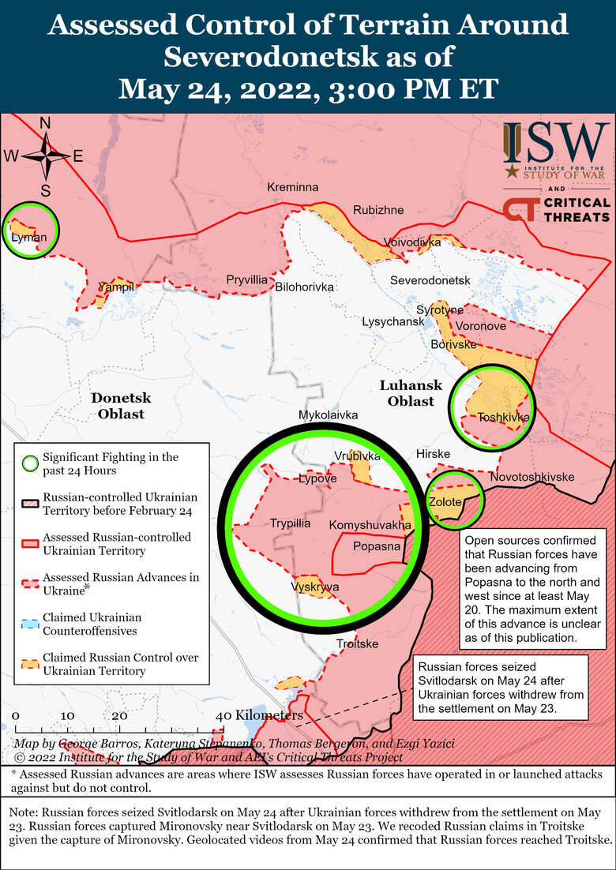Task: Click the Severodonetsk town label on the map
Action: coord(430,281)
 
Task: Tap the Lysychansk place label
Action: coord(393,322)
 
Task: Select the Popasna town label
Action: coord(374,546)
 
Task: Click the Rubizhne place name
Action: coord(378,210)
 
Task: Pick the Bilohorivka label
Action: coord(304,287)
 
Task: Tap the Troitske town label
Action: coord(357,644)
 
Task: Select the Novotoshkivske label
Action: coord(531,478)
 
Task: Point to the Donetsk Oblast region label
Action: coord(120,406)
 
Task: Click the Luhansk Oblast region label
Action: coord(407,393)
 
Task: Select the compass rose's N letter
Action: coord(45,122)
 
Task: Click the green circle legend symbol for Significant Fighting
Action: coord(30,463)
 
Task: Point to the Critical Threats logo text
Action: coord(576,209)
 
